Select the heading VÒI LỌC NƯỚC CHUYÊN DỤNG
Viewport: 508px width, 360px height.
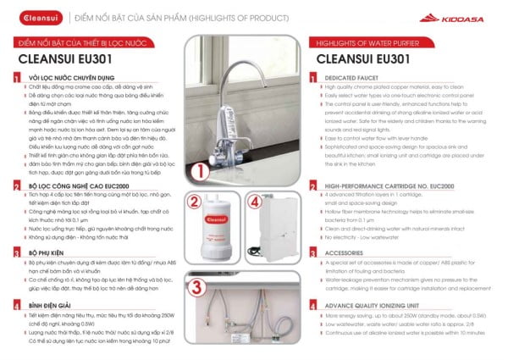coord(69,78)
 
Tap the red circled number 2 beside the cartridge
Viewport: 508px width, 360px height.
coord(192,202)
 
